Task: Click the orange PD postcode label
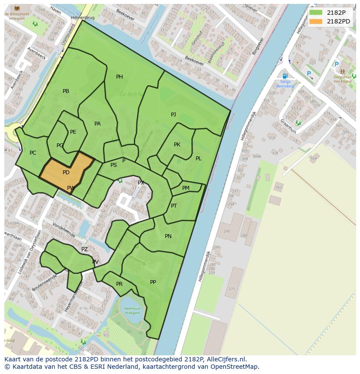coord(66,172)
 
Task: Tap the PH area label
coord(120,77)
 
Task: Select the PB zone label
coord(66,91)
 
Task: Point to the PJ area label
coord(173,115)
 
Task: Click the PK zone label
coord(177,145)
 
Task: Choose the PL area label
coord(199,159)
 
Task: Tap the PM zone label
coord(186,188)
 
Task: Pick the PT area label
coord(174,206)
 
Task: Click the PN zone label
coord(168,236)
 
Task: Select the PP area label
coord(153,282)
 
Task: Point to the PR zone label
coord(120,284)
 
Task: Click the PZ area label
coord(84,249)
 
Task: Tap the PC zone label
coord(33,153)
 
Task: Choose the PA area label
coord(97,124)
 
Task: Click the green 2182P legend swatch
coord(316,12)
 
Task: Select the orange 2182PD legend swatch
coord(316,21)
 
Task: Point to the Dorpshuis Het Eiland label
coord(342,79)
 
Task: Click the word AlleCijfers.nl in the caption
coord(227,359)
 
